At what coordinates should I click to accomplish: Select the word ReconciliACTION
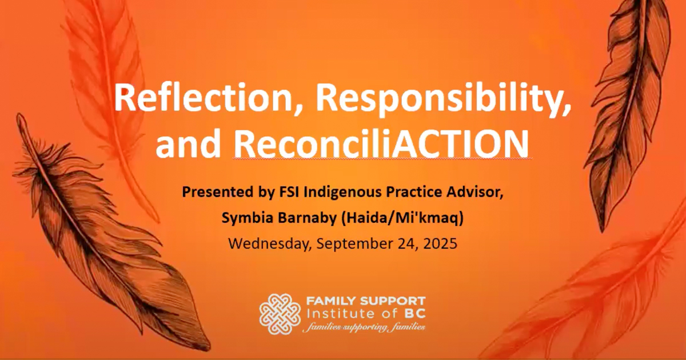[381, 143]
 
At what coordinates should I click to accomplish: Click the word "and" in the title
[188, 143]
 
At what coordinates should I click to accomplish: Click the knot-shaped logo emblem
[280, 314]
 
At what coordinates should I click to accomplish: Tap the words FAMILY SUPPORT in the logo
[366, 301]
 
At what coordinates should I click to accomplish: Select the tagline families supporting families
[364, 328]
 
